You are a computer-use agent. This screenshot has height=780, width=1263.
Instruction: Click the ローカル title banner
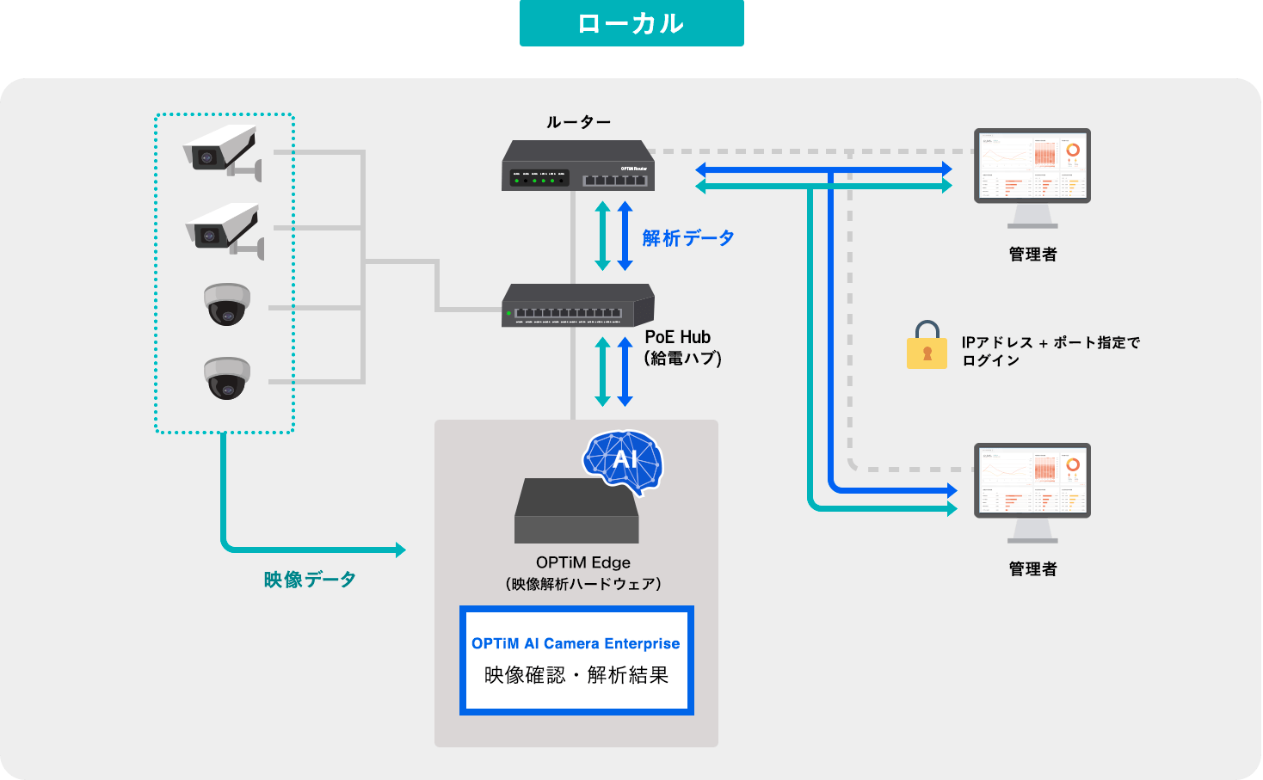pyautogui.click(x=631, y=23)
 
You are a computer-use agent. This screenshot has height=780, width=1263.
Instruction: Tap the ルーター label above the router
pyautogui.click(x=578, y=122)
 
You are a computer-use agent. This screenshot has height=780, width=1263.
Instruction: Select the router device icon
pyautogui.click(x=578, y=166)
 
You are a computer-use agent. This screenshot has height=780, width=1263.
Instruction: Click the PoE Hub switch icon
pyautogui.click(x=578, y=306)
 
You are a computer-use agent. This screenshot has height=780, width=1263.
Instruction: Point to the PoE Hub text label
pyautogui.click(x=678, y=337)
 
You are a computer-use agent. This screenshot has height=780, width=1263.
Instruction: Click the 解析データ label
pyautogui.click(x=688, y=238)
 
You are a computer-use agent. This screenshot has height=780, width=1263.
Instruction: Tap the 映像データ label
pyautogui.click(x=310, y=580)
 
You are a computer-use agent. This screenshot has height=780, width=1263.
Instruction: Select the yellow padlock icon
pyautogui.click(x=927, y=346)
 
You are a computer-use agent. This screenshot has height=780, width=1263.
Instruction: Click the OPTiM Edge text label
pyautogui.click(x=583, y=562)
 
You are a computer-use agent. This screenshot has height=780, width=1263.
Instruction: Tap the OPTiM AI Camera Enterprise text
pyautogui.click(x=576, y=643)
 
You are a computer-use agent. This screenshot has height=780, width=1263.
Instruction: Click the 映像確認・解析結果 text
pyautogui.click(x=576, y=675)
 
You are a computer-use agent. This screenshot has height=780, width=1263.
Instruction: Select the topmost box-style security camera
pyautogui.click(x=222, y=150)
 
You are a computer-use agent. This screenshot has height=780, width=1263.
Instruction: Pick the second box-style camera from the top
pyautogui.click(x=224, y=229)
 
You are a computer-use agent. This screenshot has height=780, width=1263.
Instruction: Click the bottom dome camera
pyautogui.click(x=227, y=378)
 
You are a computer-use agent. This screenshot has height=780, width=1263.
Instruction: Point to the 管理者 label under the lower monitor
pyautogui.click(x=1032, y=569)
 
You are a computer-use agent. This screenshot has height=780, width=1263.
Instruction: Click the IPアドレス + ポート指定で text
pyautogui.click(x=1050, y=342)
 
